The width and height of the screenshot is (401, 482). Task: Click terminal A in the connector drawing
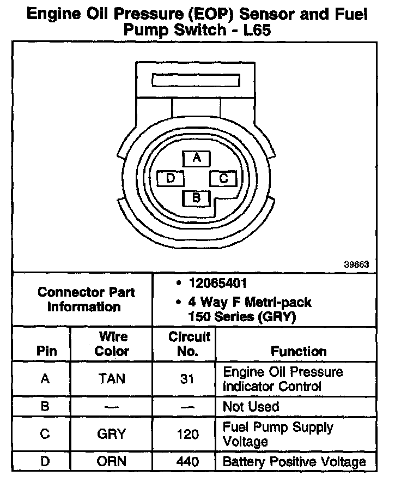[197, 158]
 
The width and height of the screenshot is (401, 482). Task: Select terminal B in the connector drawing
[197, 197]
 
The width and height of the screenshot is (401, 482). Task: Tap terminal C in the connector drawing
[223, 178]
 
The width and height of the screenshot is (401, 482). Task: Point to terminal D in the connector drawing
[171, 178]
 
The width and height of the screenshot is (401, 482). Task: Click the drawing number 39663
[357, 264]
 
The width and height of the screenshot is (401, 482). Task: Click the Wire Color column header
[112, 344]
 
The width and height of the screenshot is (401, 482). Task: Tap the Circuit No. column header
[188, 344]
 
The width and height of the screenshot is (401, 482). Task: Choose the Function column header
[299, 351]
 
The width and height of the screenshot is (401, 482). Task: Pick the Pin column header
[46, 351]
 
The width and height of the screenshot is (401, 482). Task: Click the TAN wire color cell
[112, 379]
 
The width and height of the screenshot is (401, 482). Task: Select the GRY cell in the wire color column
[112, 434]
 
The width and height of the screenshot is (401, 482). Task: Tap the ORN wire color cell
[112, 462]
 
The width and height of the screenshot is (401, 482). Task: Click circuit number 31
[187, 379]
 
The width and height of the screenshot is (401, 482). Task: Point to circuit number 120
[187, 434]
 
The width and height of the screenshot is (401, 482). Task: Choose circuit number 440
[187, 462]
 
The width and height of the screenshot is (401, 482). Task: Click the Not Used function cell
[251, 406]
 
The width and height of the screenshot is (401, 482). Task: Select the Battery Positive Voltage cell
[294, 462]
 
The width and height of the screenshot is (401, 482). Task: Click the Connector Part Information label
[86, 299]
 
